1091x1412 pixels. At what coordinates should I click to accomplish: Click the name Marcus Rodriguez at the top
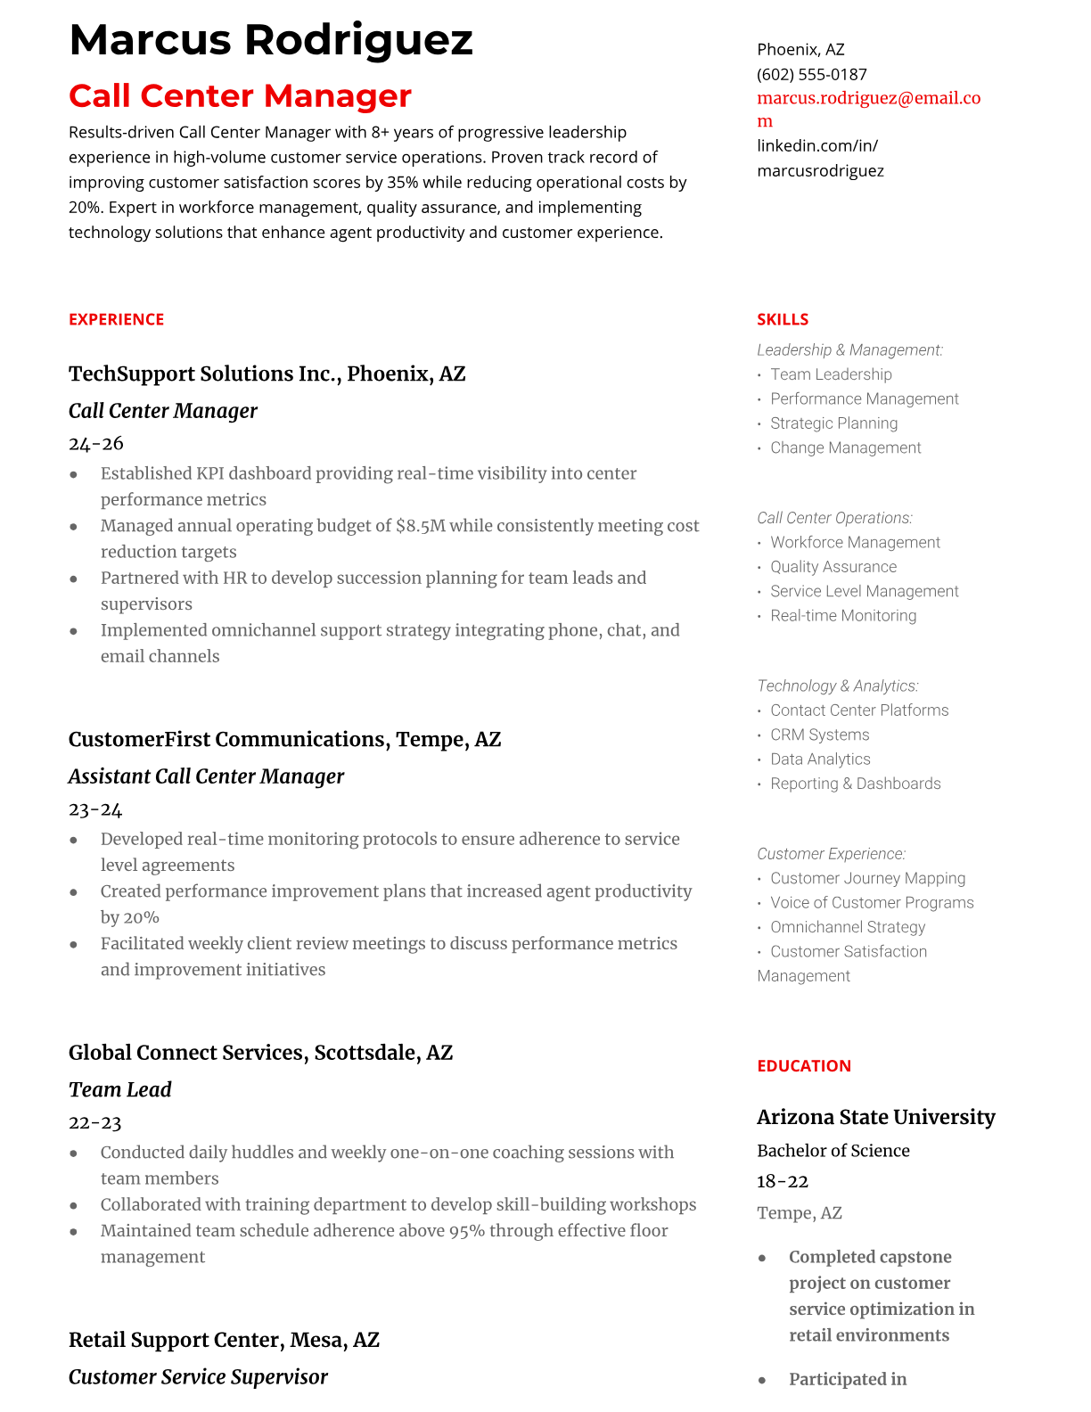pos(270,40)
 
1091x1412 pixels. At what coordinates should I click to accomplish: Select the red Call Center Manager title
pos(240,95)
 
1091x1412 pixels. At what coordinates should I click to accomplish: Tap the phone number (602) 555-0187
pos(811,74)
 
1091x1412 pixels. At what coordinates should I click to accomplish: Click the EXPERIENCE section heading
pos(116,319)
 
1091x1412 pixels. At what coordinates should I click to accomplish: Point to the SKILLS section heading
pos(783,319)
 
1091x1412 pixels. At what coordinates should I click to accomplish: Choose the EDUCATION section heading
pos(803,1065)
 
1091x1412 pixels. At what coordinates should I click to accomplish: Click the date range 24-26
pos(95,443)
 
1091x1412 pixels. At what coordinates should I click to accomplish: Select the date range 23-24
pos(95,809)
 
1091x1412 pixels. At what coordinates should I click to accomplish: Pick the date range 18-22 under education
pos(782,1181)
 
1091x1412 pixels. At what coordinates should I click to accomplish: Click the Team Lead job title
pos(119,1089)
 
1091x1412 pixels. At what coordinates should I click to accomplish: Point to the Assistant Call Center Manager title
pos(206,776)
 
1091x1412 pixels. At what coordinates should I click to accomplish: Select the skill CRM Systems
pos(819,735)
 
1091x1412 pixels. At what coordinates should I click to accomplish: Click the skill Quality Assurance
pos(833,567)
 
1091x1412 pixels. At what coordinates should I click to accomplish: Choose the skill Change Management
pos(845,447)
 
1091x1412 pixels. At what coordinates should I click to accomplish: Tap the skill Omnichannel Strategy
pos(847,927)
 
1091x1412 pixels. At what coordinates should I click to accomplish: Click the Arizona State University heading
pos(875,1117)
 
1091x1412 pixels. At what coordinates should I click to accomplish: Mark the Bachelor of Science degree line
pos(833,1151)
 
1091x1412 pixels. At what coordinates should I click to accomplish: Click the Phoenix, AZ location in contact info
pos(800,49)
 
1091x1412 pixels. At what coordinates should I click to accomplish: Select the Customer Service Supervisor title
pos(198,1377)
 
